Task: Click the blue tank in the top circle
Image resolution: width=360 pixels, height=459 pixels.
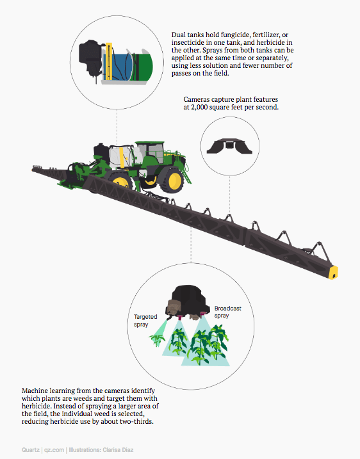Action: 120,67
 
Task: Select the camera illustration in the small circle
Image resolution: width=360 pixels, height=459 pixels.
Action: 229,146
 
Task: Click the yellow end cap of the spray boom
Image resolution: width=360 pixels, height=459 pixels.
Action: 333,273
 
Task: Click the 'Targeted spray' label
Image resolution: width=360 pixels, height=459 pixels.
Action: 145,321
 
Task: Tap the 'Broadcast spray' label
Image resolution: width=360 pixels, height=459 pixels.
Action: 227,312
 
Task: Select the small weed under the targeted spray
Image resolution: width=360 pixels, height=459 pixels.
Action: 157,340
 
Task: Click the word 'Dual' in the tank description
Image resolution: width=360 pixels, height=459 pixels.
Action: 178,35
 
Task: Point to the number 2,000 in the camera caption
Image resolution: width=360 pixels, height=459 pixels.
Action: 199,107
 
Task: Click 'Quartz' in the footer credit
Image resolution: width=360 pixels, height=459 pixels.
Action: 31,450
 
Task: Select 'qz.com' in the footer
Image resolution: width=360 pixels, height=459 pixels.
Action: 54,450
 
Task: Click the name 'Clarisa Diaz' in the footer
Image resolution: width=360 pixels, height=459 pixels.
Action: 118,450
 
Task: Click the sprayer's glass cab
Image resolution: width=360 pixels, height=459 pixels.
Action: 153,152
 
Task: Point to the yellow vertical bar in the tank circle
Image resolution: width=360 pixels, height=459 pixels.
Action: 109,61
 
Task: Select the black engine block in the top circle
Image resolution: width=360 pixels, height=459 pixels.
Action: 90,58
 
